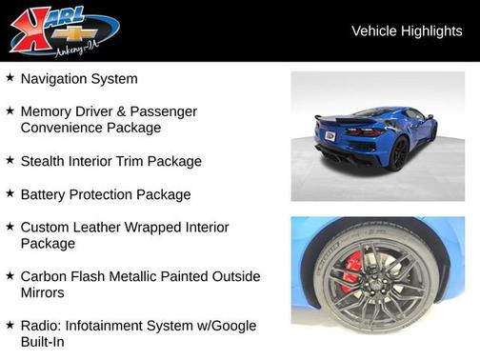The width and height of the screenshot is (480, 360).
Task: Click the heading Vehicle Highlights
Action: tap(407, 30)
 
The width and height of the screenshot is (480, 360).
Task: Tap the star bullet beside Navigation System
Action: tap(10, 78)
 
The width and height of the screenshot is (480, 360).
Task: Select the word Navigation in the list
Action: tap(54, 79)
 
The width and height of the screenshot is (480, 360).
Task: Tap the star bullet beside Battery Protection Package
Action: tap(10, 193)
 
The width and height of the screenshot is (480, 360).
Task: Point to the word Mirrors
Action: tap(45, 292)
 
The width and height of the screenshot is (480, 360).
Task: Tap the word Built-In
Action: tap(43, 342)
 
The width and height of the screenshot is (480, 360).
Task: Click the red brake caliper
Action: tap(350, 268)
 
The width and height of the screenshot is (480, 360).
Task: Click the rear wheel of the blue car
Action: tap(399, 151)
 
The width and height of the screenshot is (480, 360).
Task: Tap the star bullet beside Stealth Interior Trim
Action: tap(10, 160)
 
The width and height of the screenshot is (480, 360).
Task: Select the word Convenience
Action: tap(63, 128)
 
